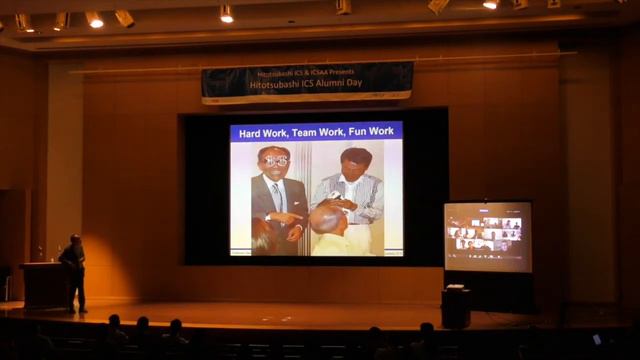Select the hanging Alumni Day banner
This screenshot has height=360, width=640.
pos(307,82)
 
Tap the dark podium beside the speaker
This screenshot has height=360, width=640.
pos(43,284)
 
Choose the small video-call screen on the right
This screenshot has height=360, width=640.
pos(487,236)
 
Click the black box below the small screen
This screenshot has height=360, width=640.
pos(456,307)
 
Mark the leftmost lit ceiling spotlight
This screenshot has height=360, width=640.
pos(24,21)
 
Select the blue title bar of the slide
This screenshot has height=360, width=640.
pos(316,131)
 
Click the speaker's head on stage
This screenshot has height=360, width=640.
pos(75,240)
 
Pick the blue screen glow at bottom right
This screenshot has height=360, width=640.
pos(597,339)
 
